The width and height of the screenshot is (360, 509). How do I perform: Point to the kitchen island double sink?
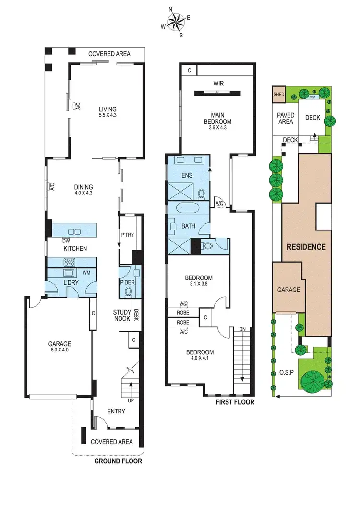[75, 230]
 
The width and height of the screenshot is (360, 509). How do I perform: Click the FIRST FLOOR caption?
[234, 402]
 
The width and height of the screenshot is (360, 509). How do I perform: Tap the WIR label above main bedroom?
[219, 84]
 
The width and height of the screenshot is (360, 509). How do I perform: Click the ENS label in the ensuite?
[187, 175]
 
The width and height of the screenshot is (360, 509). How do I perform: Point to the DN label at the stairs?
[242, 329]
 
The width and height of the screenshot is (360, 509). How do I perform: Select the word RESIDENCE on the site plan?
[306, 247]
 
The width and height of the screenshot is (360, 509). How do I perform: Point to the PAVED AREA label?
[286, 118]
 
